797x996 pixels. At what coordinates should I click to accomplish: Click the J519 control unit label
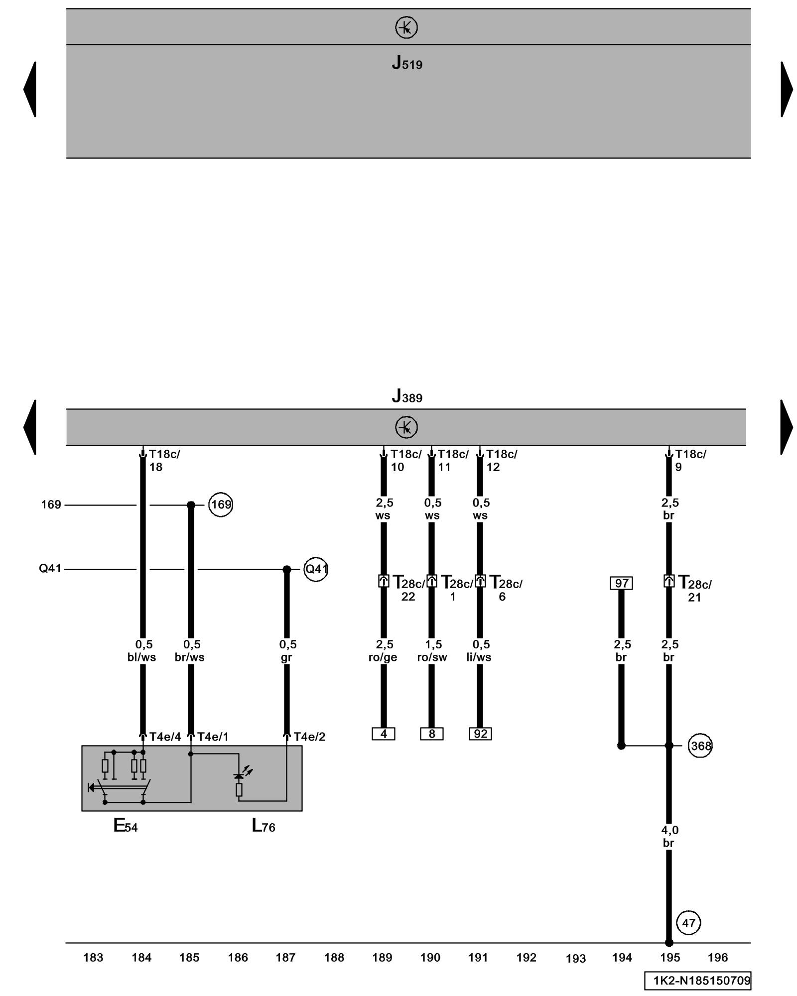(x=406, y=63)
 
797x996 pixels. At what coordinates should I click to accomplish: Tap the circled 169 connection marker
(x=221, y=504)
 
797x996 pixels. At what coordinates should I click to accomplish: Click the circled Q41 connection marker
(x=316, y=569)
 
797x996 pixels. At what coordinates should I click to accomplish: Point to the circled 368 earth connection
(x=700, y=746)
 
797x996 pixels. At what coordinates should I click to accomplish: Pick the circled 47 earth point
(x=688, y=923)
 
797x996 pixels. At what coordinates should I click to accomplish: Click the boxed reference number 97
(x=621, y=583)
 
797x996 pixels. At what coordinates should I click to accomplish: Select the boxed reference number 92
(x=480, y=734)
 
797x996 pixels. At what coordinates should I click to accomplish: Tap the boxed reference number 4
(x=383, y=734)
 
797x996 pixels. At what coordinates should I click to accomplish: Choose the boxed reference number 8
(x=431, y=734)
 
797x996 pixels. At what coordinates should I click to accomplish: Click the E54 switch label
(x=125, y=826)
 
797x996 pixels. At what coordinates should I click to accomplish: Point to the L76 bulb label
(x=263, y=826)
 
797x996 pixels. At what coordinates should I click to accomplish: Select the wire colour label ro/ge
(x=383, y=657)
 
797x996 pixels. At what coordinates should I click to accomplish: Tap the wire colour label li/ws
(x=479, y=657)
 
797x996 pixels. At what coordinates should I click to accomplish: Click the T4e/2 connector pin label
(x=309, y=737)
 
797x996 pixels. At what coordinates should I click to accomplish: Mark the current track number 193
(x=575, y=958)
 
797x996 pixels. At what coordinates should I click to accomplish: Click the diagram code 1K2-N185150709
(x=697, y=981)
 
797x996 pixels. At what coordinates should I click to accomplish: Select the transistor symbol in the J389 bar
(x=406, y=427)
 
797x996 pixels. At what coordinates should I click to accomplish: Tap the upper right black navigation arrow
(x=786, y=90)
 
